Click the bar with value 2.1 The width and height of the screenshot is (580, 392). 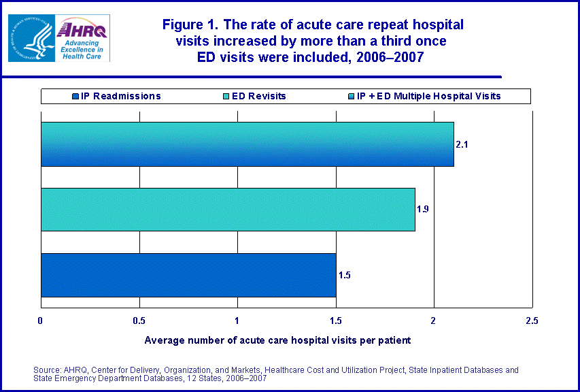point(247,144)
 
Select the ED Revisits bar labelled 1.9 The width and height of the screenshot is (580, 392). point(228,210)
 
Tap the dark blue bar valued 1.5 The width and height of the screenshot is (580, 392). point(188,275)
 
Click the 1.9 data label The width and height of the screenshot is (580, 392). point(422,209)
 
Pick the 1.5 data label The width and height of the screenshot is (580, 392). point(344,275)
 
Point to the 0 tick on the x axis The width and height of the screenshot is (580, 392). point(41,320)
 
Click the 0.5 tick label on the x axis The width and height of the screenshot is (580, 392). point(139,320)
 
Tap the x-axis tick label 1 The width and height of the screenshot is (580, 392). point(237,320)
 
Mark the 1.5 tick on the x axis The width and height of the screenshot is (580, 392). point(335,320)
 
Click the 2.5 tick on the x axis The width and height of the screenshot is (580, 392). point(532,320)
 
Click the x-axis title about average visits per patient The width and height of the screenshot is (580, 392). point(277,339)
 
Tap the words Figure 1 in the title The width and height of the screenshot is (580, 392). point(189,25)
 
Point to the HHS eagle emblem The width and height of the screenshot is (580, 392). point(30,38)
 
